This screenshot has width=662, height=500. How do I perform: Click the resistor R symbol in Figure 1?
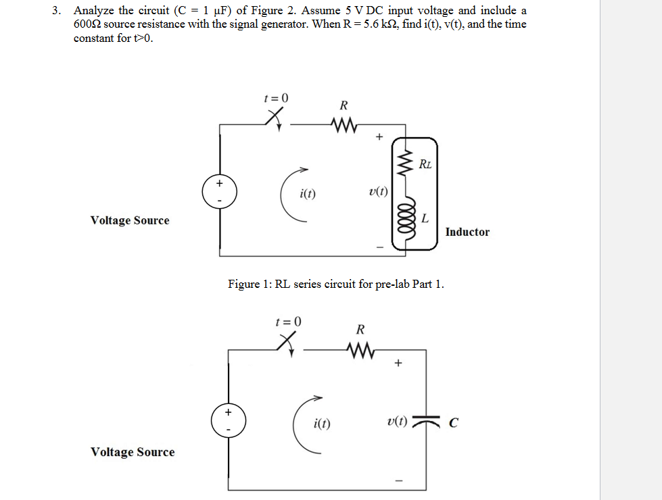344,124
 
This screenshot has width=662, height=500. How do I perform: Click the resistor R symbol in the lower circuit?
360,350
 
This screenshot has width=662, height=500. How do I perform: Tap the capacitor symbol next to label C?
431,422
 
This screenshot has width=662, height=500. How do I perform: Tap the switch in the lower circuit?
287,345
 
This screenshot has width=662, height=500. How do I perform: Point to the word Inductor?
467,232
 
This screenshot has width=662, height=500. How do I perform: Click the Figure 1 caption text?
336,284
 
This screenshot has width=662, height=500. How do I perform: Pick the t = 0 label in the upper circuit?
275,97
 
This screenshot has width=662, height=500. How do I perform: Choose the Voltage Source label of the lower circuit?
132,452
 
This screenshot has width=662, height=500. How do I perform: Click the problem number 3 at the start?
59,11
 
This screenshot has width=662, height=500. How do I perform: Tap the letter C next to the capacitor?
454,423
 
